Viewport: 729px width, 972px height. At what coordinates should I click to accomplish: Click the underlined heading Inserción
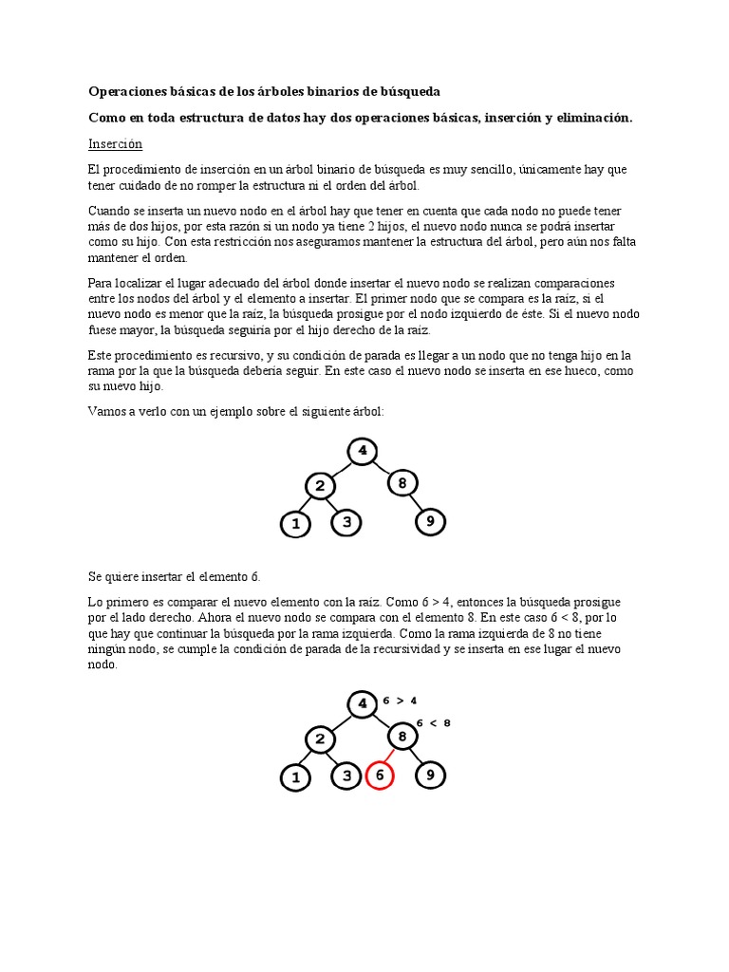coord(115,144)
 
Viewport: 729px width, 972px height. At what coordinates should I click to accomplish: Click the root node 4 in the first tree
coord(361,450)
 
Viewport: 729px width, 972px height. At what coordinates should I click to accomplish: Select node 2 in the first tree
coord(320,486)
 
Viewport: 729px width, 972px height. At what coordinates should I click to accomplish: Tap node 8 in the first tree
coord(402,483)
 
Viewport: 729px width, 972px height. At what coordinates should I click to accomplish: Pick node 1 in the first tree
coord(295,523)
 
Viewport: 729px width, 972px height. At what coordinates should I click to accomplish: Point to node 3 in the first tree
coord(346,522)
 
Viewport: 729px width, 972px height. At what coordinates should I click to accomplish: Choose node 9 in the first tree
coord(432,520)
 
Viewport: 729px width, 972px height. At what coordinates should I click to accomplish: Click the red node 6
coord(380,776)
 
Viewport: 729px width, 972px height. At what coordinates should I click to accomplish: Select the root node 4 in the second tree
coord(361,704)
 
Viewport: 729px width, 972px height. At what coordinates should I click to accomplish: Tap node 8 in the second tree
coord(402,738)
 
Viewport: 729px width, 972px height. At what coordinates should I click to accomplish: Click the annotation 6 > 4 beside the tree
coord(400,701)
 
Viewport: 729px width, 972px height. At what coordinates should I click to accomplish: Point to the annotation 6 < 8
coord(434,722)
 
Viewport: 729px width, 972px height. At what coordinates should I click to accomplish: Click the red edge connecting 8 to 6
coord(390,757)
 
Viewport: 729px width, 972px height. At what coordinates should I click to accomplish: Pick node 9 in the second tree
coord(431,776)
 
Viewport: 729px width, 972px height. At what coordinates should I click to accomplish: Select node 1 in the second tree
coord(295,777)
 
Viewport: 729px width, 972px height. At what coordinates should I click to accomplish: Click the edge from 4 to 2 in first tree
coord(340,467)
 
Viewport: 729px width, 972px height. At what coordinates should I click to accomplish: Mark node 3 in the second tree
coord(346,776)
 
